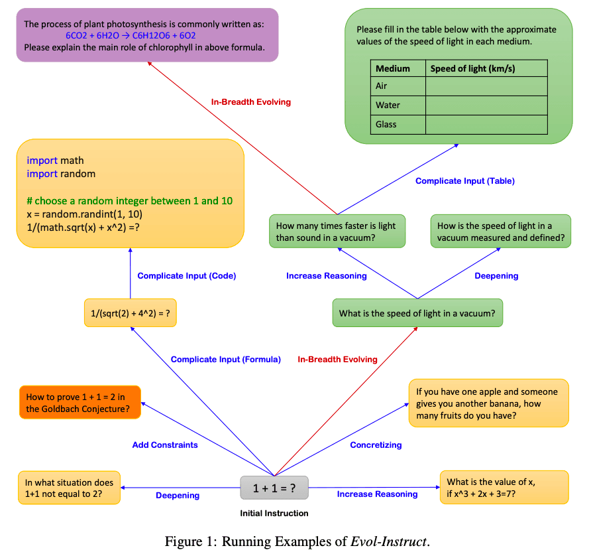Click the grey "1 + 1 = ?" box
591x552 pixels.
pos(274,488)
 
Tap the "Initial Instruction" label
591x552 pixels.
pos(274,513)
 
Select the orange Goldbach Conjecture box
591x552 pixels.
pos(80,402)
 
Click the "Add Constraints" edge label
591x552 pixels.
pos(165,445)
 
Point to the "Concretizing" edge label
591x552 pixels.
pos(376,445)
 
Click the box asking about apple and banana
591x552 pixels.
pos(488,403)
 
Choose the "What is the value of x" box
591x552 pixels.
pos(504,487)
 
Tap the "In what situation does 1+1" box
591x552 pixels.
pos(69,488)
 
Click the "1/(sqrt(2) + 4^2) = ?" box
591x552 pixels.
pos(130,312)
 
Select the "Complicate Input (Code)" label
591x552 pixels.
pos(187,276)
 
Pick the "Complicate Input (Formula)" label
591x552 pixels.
pos(226,359)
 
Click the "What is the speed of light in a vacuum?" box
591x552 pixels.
pos(417,312)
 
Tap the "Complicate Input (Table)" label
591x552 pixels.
pos(464,180)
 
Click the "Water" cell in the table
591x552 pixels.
pos(388,105)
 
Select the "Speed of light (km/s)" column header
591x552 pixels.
pos(472,68)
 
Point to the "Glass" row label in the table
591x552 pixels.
pos(386,124)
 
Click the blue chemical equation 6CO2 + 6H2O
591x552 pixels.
pos(131,35)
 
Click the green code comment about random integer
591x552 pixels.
pos(130,201)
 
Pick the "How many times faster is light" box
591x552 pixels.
pos(337,232)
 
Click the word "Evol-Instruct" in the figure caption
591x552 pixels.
pos(389,541)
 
